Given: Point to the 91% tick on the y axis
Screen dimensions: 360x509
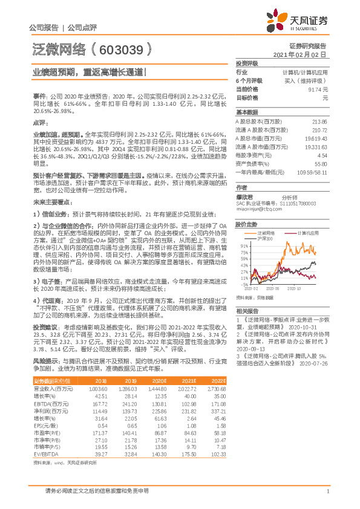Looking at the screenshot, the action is pos(244,247).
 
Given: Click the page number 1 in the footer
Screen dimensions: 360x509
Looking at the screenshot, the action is pos(327,491).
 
